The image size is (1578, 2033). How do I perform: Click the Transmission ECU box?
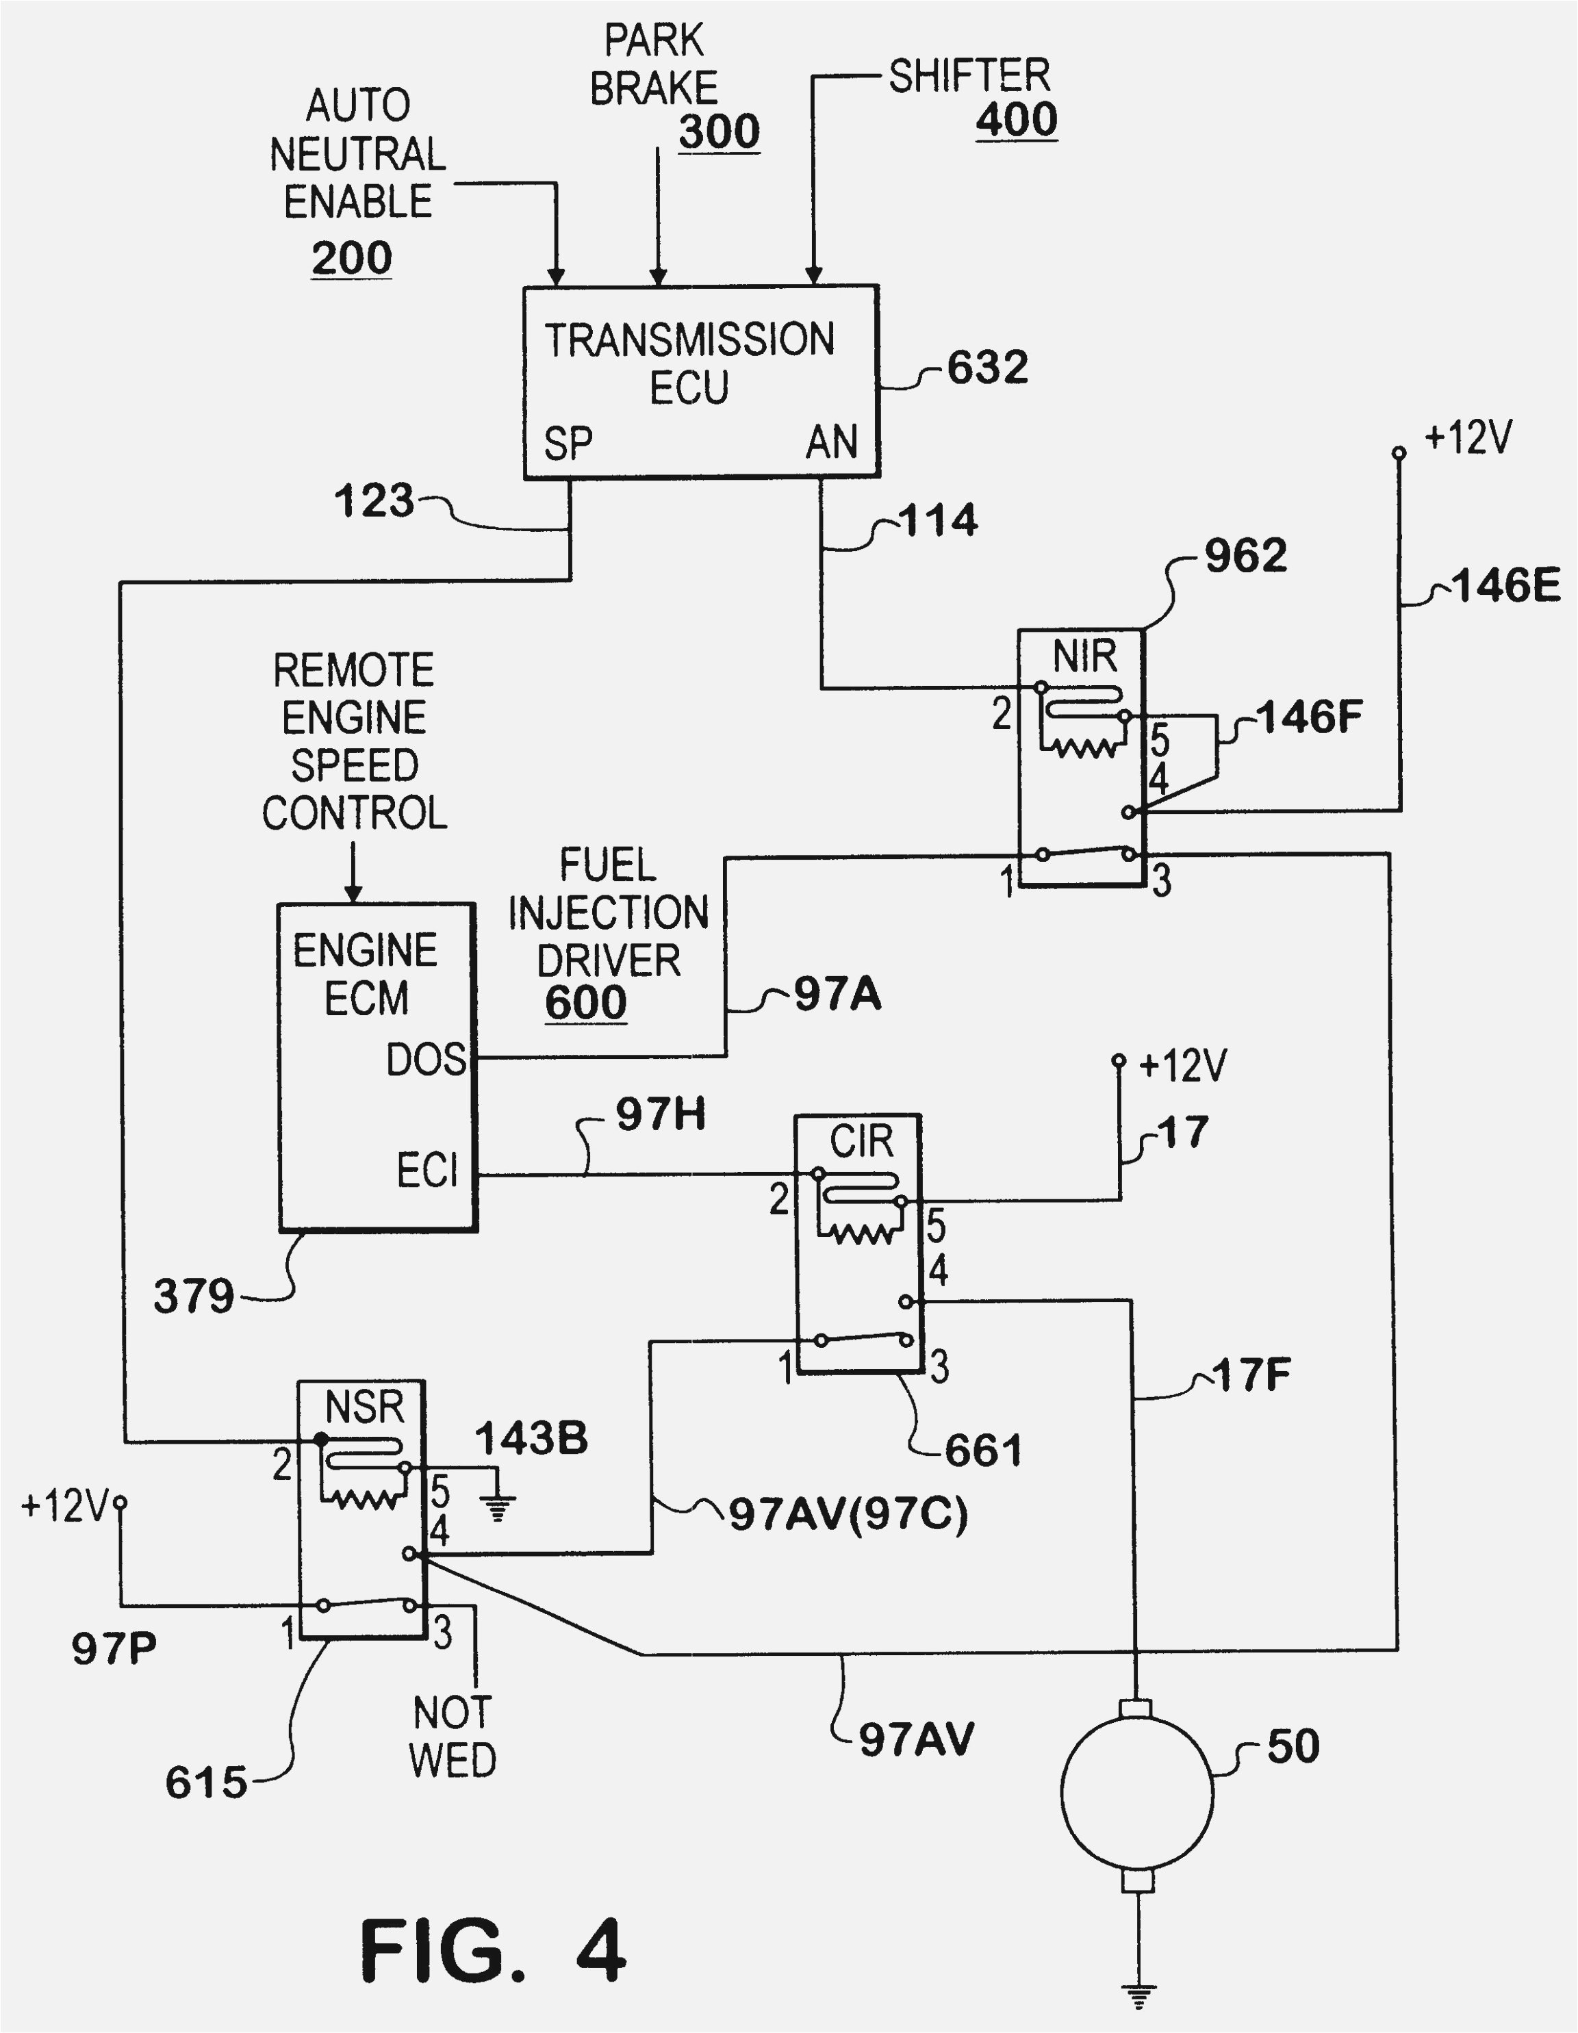pyautogui.click(x=700, y=382)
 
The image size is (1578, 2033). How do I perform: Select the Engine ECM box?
pyautogui.click(x=377, y=1066)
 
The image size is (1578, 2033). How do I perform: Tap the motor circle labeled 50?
pyautogui.click(x=1136, y=1794)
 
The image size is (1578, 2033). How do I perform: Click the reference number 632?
pyautogui.click(x=987, y=367)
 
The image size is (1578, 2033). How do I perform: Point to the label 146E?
pyautogui.click(x=1505, y=585)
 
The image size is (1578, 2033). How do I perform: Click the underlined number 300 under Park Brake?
pyautogui.click(x=719, y=130)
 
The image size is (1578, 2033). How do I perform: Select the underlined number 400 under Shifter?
pyautogui.click(x=1016, y=119)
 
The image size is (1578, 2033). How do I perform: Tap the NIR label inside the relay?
pyautogui.click(x=1084, y=657)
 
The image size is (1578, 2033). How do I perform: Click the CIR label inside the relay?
pyautogui.click(x=861, y=1141)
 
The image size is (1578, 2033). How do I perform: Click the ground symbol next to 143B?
pyautogui.click(x=498, y=1506)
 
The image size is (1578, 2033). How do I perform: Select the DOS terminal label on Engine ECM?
pyautogui.click(x=425, y=1060)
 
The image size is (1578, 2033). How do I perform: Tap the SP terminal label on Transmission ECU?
pyautogui.click(x=568, y=443)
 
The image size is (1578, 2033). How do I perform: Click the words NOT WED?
pyautogui.click(x=453, y=1735)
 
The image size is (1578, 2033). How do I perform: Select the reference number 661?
pyautogui.click(x=982, y=1449)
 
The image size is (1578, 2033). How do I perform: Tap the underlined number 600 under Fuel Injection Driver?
pyautogui.click(x=585, y=1001)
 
